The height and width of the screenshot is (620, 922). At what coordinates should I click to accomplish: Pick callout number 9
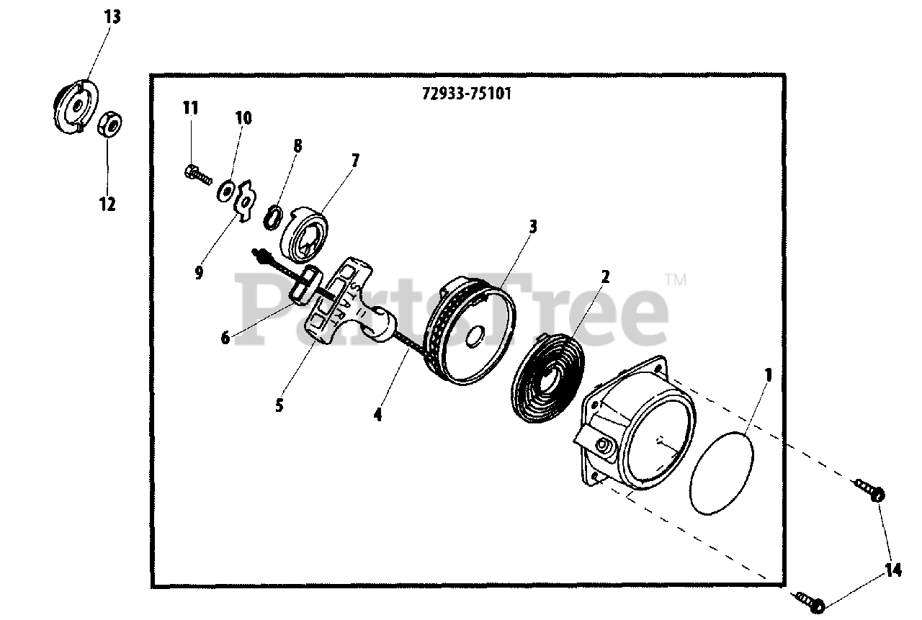(199, 272)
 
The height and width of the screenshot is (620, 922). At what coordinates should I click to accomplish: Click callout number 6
(225, 336)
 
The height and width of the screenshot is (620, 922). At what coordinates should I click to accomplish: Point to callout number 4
(377, 414)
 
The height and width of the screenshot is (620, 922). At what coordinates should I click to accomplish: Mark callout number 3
(532, 226)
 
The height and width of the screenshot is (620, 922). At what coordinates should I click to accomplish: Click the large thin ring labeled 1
(721, 472)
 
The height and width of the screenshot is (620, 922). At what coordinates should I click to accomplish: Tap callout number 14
(893, 570)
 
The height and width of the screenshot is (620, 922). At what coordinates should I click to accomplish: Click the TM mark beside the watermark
(675, 279)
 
